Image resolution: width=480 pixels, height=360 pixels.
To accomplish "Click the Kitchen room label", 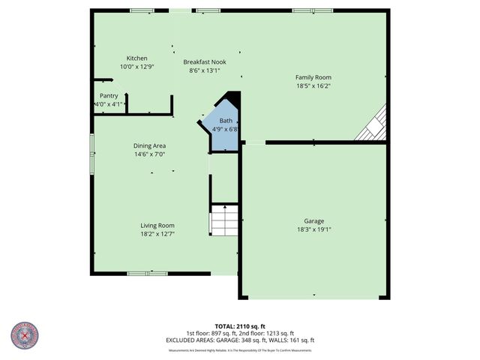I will click(136, 58).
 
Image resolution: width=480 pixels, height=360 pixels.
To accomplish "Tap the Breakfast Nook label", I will click(205, 62).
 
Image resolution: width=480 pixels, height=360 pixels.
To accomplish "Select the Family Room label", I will click(313, 77).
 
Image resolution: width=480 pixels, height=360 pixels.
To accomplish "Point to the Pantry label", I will click(109, 96).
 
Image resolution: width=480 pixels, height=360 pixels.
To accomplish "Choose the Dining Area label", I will click(149, 145).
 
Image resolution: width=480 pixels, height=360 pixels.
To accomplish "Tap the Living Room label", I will click(157, 225).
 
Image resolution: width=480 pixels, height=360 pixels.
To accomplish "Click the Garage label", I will click(313, 221).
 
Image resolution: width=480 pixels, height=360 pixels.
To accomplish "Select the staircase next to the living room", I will click(223, 219).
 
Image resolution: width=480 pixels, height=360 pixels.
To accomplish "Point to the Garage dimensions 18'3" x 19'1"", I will click(313, 230).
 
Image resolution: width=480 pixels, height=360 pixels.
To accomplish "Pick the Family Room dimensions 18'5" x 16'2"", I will click(313, 85).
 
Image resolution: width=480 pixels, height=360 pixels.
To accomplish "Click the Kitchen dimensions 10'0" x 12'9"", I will click(136, 67).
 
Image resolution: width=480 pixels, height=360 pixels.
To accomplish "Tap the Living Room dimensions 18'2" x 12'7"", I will click(157, 234).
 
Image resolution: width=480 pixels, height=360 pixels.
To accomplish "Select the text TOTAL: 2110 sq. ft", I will click(240, 327).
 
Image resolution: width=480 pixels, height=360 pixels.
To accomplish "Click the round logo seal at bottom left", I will click(25, 336).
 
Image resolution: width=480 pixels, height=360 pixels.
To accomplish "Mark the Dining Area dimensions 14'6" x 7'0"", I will click(149, 154).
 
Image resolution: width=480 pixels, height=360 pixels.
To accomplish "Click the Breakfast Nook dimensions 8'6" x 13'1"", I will click(205, 71).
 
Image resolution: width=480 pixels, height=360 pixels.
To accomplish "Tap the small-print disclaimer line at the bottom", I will click(240, 350).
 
